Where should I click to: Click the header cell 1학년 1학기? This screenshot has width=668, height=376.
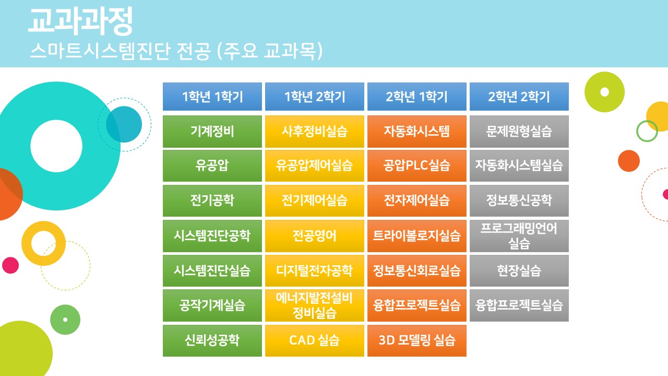(212, 97)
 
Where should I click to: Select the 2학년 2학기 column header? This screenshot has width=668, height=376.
(519, 97)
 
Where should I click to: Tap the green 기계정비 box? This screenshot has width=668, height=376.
(212, 132)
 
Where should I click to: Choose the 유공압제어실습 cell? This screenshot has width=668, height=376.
(315, 166)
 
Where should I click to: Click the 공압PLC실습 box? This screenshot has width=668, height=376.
(417, 166)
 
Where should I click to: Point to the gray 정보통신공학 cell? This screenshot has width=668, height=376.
(519, 201)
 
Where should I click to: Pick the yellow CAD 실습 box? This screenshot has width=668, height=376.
(315, 340)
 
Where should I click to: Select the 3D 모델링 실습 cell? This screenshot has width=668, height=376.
(417, 340)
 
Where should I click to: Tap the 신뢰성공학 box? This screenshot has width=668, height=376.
(212, 340)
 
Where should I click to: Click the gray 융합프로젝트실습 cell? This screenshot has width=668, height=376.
(519, 305)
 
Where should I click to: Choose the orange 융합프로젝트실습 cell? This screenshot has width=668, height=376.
(417, 305)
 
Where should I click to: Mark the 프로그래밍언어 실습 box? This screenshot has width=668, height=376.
(519, 236)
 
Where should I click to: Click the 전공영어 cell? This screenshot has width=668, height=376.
(315, 236)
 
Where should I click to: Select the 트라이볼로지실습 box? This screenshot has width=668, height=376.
(417, 236)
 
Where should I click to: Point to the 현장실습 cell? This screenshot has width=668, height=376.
(519, 271)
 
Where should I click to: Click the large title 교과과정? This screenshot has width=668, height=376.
(80, 21)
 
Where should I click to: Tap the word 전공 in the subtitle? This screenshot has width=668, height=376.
(194, 51)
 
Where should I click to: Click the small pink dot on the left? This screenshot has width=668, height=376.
(10, 265)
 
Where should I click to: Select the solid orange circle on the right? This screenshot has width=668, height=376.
(629, 161)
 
